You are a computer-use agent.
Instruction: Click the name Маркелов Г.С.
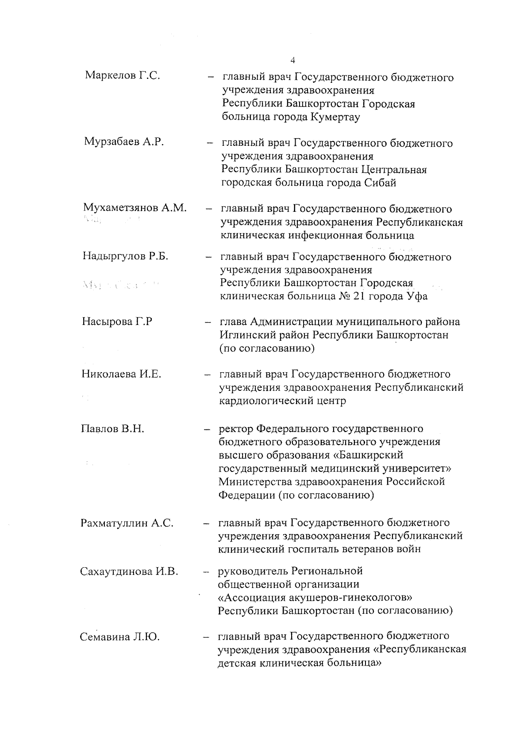[x=123, y=75]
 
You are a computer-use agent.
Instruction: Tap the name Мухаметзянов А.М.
[x=135, y=207]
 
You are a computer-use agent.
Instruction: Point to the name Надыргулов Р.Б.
[x=125, y=256]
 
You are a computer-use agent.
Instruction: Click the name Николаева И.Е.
[x=121, y=374]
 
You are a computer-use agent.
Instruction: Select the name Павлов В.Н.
[x=113, y=429]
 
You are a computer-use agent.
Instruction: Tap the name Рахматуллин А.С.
[x=127, y=523]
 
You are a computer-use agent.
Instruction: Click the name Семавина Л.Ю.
[x=119, y=637]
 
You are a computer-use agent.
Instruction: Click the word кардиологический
[x=267, y=401]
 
